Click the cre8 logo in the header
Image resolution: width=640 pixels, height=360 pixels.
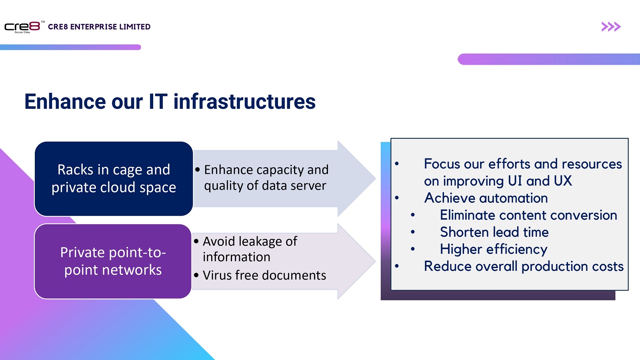tap(23, 27)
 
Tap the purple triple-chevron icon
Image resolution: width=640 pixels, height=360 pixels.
tap(611, 26)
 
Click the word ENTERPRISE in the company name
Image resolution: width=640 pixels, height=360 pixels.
tap(94, 27)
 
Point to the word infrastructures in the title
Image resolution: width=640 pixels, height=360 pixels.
tap(244, 102)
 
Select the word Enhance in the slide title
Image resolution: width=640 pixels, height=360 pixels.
tap(65, 102)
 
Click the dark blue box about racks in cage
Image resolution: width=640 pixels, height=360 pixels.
tap(114, 178)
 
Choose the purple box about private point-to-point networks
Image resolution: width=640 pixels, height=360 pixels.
tap(113, 261)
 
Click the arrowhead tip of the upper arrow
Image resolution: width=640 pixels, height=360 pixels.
tap(376, 178)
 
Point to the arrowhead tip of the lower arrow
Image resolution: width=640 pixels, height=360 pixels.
tap(376, 261)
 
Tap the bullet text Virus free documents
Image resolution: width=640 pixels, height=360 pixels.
tap(264, 275)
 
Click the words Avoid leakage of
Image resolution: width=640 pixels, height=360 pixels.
tap(250, 242)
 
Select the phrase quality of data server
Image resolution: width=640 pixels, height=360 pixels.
tap(265, 186)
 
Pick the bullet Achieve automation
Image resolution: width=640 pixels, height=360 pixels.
tap(486, 198)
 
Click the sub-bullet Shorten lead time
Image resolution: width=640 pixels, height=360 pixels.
tap(494, 232)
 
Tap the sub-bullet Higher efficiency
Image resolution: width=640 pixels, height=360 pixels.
tap(494, 249)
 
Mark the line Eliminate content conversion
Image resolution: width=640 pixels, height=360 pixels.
tap(528, 215)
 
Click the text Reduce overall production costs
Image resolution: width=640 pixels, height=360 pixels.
tap(524, 266)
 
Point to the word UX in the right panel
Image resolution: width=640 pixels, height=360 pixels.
tap(563, 181)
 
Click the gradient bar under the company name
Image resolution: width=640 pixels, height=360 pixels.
tap(70, 47)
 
